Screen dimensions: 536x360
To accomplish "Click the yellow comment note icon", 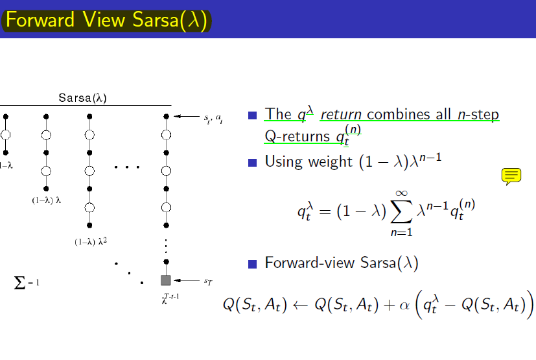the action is tap(511, 176).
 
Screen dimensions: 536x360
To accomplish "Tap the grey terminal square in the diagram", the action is tap(166, 280).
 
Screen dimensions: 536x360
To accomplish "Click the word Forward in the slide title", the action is tap(40, 19).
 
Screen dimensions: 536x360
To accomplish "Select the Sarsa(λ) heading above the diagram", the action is tap(83, 98).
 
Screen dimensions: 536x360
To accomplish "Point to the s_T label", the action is tap(208, 282).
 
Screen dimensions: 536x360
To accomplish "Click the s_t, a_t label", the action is tap(213, 119).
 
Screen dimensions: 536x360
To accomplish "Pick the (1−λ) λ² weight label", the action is tap(91, 241).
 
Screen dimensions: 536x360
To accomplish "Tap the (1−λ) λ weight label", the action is tap(47, 200).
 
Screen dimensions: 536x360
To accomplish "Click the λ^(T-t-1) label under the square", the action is tap(170, 298).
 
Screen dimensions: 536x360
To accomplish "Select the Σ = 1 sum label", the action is tap(27, 283).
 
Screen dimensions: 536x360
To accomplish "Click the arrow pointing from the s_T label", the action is tap(187, 280).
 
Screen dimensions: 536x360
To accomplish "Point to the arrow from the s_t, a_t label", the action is tap(187, 116).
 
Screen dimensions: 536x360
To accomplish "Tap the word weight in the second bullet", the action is tap(330, 162).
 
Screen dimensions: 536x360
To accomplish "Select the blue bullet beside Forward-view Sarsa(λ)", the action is tap(252, 264).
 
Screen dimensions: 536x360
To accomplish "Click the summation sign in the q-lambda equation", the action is tap(401, 211).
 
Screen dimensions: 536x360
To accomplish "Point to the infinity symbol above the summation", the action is tap(402, 193).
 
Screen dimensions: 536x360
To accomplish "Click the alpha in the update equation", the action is tap(404, 305).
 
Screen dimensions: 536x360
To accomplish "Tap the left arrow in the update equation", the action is tap(301, 305).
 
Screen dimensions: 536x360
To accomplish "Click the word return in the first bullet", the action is tap(341, 115).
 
